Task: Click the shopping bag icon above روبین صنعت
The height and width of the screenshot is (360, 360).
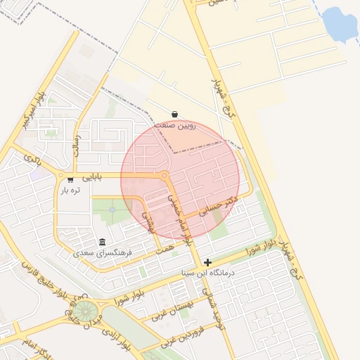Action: (174, 115)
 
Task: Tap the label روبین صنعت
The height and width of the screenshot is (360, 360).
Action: (174, 127)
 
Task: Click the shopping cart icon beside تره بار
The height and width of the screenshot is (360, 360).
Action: (70, 180)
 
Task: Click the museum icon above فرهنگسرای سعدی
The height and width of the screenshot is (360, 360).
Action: (103, 242)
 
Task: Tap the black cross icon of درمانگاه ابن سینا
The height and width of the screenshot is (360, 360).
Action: (207, 262)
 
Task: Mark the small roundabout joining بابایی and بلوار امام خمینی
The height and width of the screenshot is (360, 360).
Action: (164, 175)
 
